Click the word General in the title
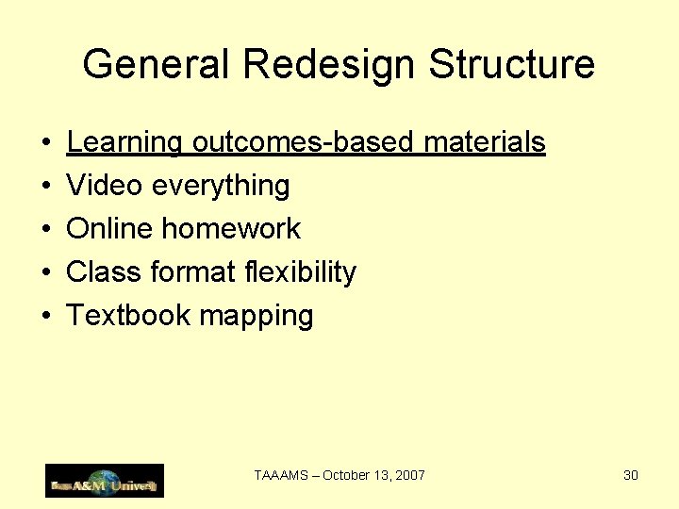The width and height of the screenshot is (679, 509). coord(157,65)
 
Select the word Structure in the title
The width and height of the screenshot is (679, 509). coord(512,65)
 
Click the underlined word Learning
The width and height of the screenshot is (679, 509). coord(124,142)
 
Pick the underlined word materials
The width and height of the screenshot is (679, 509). coord(485,142)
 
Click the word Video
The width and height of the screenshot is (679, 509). coord(105,186)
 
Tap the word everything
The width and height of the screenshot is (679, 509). coord(221,186)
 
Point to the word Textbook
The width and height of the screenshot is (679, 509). coord(128,316)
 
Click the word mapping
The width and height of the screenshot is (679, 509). coord(256,316)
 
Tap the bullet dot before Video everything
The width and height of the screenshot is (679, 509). coord(45,187)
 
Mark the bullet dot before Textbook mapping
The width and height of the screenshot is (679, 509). coord(45,317)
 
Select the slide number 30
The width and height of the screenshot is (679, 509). coord(631,475)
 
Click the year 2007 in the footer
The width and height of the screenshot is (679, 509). coord(409,475)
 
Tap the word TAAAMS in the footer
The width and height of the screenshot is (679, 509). coord(281,475)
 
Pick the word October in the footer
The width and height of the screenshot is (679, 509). coord(346,475)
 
